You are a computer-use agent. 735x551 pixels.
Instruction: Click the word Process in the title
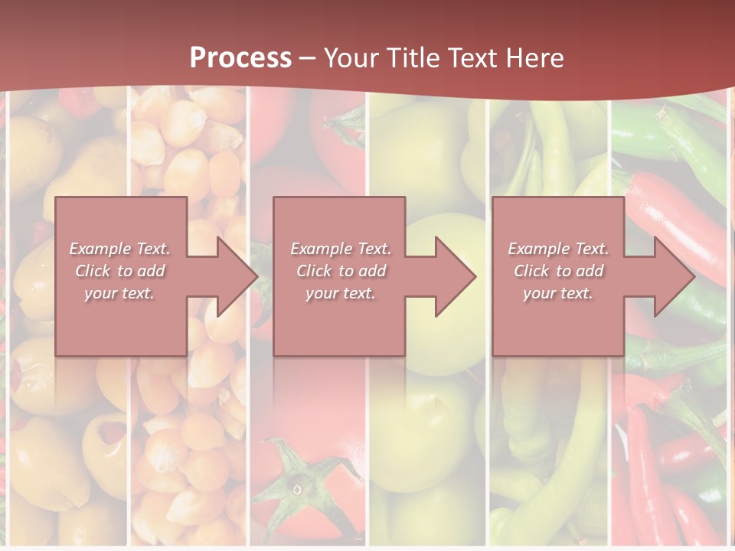coord(240,58)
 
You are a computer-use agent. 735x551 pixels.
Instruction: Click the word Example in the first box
coord(98,249)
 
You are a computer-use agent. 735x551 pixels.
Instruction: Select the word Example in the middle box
coord(319,249)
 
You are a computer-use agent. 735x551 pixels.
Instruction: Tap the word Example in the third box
coord(537,249)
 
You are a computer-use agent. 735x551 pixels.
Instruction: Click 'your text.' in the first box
coord(119,293)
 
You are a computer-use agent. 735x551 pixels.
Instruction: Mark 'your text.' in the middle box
coord(340,293)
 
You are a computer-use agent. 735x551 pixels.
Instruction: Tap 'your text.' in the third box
coord(558,293)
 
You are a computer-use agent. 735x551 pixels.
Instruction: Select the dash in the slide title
coord(308,58)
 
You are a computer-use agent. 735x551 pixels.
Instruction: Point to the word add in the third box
coord(590,271)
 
